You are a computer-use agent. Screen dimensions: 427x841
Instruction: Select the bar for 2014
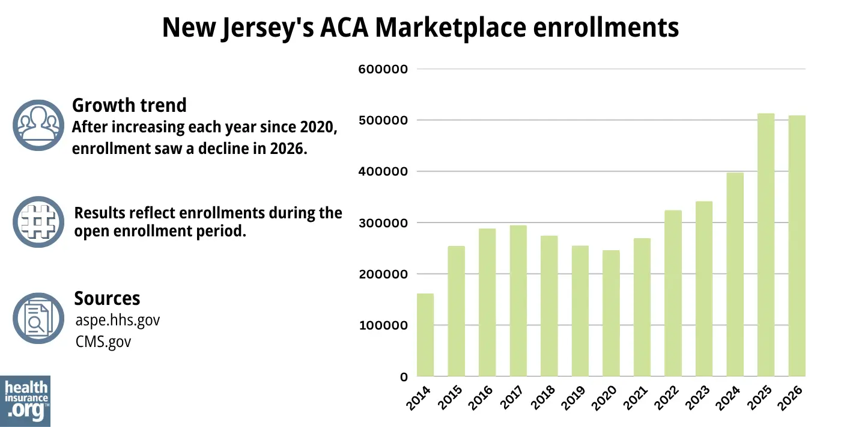point(425,335)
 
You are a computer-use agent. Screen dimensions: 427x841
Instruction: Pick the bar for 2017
point(518,301)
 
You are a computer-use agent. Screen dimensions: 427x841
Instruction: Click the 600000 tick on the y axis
point(383,69)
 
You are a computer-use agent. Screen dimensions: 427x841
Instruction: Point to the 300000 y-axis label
point(383,223)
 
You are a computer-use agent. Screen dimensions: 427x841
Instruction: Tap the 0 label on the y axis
point(404,377)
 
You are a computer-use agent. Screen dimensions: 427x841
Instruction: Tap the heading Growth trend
point(129,105)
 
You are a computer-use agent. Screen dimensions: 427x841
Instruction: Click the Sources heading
point(107,298)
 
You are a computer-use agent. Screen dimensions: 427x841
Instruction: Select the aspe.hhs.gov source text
point(117,320)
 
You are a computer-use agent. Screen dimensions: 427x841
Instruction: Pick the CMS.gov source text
point(103,342)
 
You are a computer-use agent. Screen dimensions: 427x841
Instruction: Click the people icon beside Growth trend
point(38,125)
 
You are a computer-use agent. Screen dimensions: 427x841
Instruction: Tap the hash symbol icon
point(38,222)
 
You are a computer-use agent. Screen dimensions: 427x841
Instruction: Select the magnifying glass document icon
point(38,318)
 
